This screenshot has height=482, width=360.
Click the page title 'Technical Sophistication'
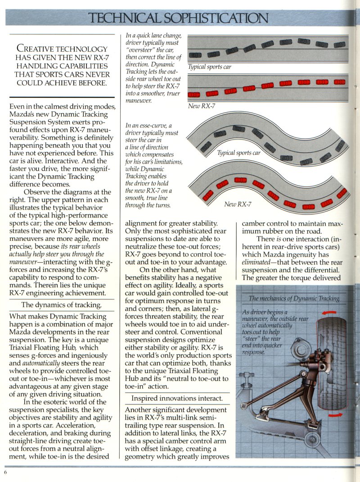179,18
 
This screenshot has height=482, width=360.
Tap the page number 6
5,472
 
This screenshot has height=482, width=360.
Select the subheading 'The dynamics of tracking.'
62,305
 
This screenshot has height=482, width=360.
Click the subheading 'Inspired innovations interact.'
177,399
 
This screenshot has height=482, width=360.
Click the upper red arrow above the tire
329,312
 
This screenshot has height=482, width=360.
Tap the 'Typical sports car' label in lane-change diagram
209,67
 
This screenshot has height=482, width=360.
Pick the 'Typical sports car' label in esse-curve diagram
239,153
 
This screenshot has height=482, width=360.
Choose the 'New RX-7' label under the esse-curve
238,205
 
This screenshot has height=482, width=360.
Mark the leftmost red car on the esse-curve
207,195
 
